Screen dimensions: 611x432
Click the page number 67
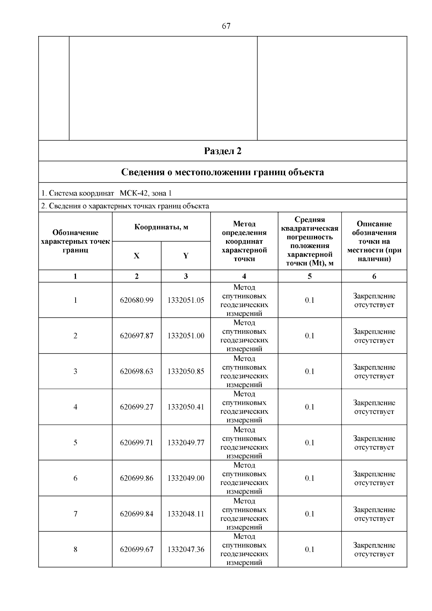point(226,26)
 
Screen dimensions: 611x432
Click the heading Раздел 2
point(222,151)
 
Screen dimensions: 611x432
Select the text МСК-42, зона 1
point(145,193)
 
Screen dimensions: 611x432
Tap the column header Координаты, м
point(161,227)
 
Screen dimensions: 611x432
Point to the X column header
point(136,256)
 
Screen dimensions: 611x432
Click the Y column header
point(186,256)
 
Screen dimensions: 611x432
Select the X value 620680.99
point(136,300)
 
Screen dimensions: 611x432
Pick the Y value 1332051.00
point(186,336)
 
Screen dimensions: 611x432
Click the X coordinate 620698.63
point(136,372)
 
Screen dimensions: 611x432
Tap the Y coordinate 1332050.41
point(186,407)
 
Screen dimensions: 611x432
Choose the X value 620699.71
point(136,443)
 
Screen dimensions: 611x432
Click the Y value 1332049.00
point(186,479)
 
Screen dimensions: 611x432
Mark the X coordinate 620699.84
point(136,514)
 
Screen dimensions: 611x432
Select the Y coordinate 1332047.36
point(186,550)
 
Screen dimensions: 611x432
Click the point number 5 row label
point(75,443)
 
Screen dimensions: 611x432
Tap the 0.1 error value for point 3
point(310,372)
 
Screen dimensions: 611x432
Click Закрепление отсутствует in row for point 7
point(374,514)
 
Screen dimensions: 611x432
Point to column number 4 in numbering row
point(244,277)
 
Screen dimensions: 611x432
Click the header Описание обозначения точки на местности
point(374,241)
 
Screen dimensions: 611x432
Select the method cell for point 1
point(244,300)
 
